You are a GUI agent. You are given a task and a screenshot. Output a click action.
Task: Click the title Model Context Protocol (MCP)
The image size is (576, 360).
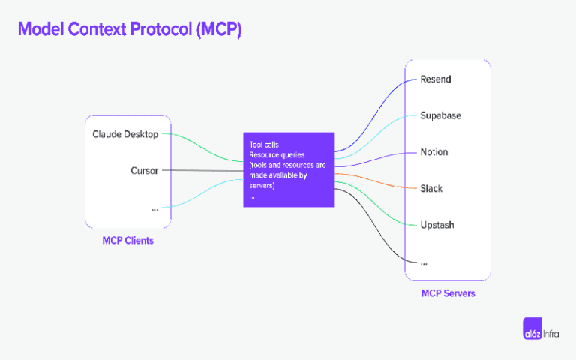pyautogui.click(x=129, y=29)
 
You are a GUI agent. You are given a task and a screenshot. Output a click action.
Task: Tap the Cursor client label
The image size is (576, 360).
pyautogui.click(x=144, y=171)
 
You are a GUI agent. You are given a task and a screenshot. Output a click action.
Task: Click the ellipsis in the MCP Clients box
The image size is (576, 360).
pyautogui.click(x=154, y=208)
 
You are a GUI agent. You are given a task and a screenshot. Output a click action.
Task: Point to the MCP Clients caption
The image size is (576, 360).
pyautogui.click(x=128, y=241)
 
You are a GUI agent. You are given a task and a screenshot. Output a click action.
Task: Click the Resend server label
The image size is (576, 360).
pyautogui.click(x=436, y=79)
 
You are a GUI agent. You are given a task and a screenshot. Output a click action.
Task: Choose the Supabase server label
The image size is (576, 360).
pyautogui.click(x=440, y=115)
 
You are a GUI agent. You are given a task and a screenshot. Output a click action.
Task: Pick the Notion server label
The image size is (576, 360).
pyautogui.click(x=434, y=152)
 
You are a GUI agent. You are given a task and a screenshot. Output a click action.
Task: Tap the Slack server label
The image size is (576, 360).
pyautogui.click(x=431, y=188)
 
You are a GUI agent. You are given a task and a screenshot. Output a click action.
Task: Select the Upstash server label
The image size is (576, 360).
pyautogui.click(x=436, y=225)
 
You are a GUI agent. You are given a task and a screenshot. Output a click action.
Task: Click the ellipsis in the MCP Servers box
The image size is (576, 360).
pyautogui.click(x=424, y=262)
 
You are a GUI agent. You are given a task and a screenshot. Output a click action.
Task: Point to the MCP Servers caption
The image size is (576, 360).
pyautogui.click(x=448, y=293)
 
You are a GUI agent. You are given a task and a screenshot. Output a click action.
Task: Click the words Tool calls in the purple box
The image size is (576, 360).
pyautogui.click(x=264, y=144)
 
